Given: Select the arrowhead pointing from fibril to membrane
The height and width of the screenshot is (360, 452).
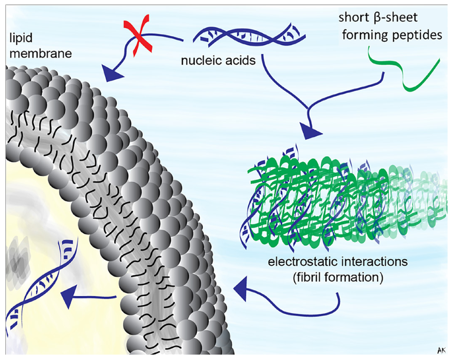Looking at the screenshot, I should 242,287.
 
